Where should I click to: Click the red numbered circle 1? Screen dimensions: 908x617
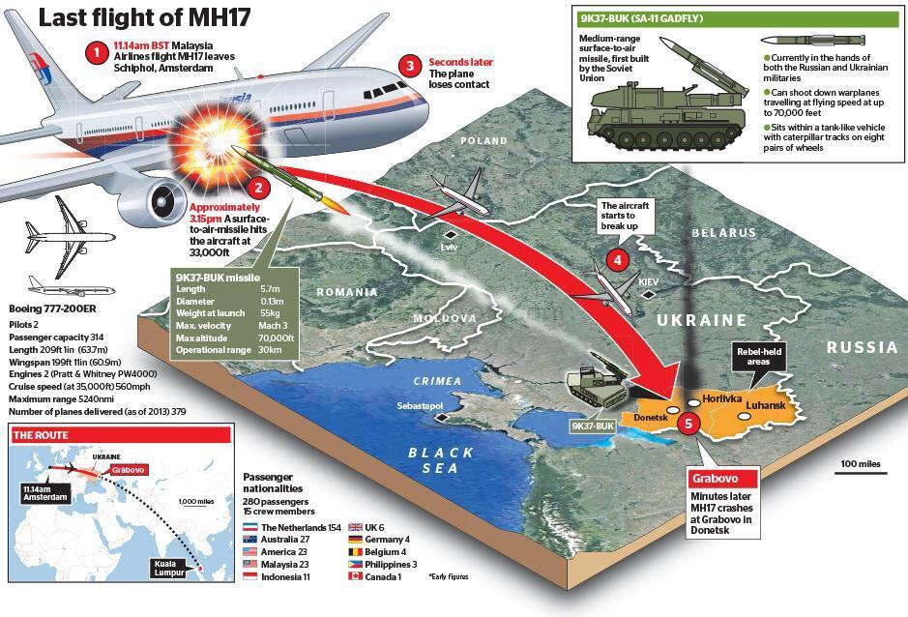(97, 53)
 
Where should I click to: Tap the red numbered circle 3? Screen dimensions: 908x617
(410, 66)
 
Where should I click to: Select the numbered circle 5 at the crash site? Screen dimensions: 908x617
(688, 424)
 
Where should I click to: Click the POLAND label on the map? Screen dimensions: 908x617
(483, 141)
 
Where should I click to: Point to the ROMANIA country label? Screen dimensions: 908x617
(347, 292)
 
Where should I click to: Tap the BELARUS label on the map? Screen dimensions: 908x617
(724, 232)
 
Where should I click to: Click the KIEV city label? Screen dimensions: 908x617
(648, 281)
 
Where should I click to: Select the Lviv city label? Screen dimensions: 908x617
(449, 247)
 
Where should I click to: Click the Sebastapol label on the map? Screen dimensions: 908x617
(420, 406)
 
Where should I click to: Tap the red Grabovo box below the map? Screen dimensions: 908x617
(723, 479)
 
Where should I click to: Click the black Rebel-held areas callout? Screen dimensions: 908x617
(758, 356)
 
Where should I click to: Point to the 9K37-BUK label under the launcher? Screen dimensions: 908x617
(593, 426)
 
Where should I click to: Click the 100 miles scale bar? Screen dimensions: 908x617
(861, 473)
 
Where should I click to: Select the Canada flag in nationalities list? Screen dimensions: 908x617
(355, 576)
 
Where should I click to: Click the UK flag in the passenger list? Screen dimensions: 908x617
(355, 527)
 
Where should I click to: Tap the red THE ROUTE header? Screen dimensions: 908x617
(122, 435)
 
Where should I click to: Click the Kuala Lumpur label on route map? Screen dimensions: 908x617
(168, 568)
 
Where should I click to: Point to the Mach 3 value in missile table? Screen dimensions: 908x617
(273, 326)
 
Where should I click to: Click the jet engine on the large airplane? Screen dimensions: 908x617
(154, 201)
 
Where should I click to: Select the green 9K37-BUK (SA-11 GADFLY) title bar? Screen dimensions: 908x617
(739, 18)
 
